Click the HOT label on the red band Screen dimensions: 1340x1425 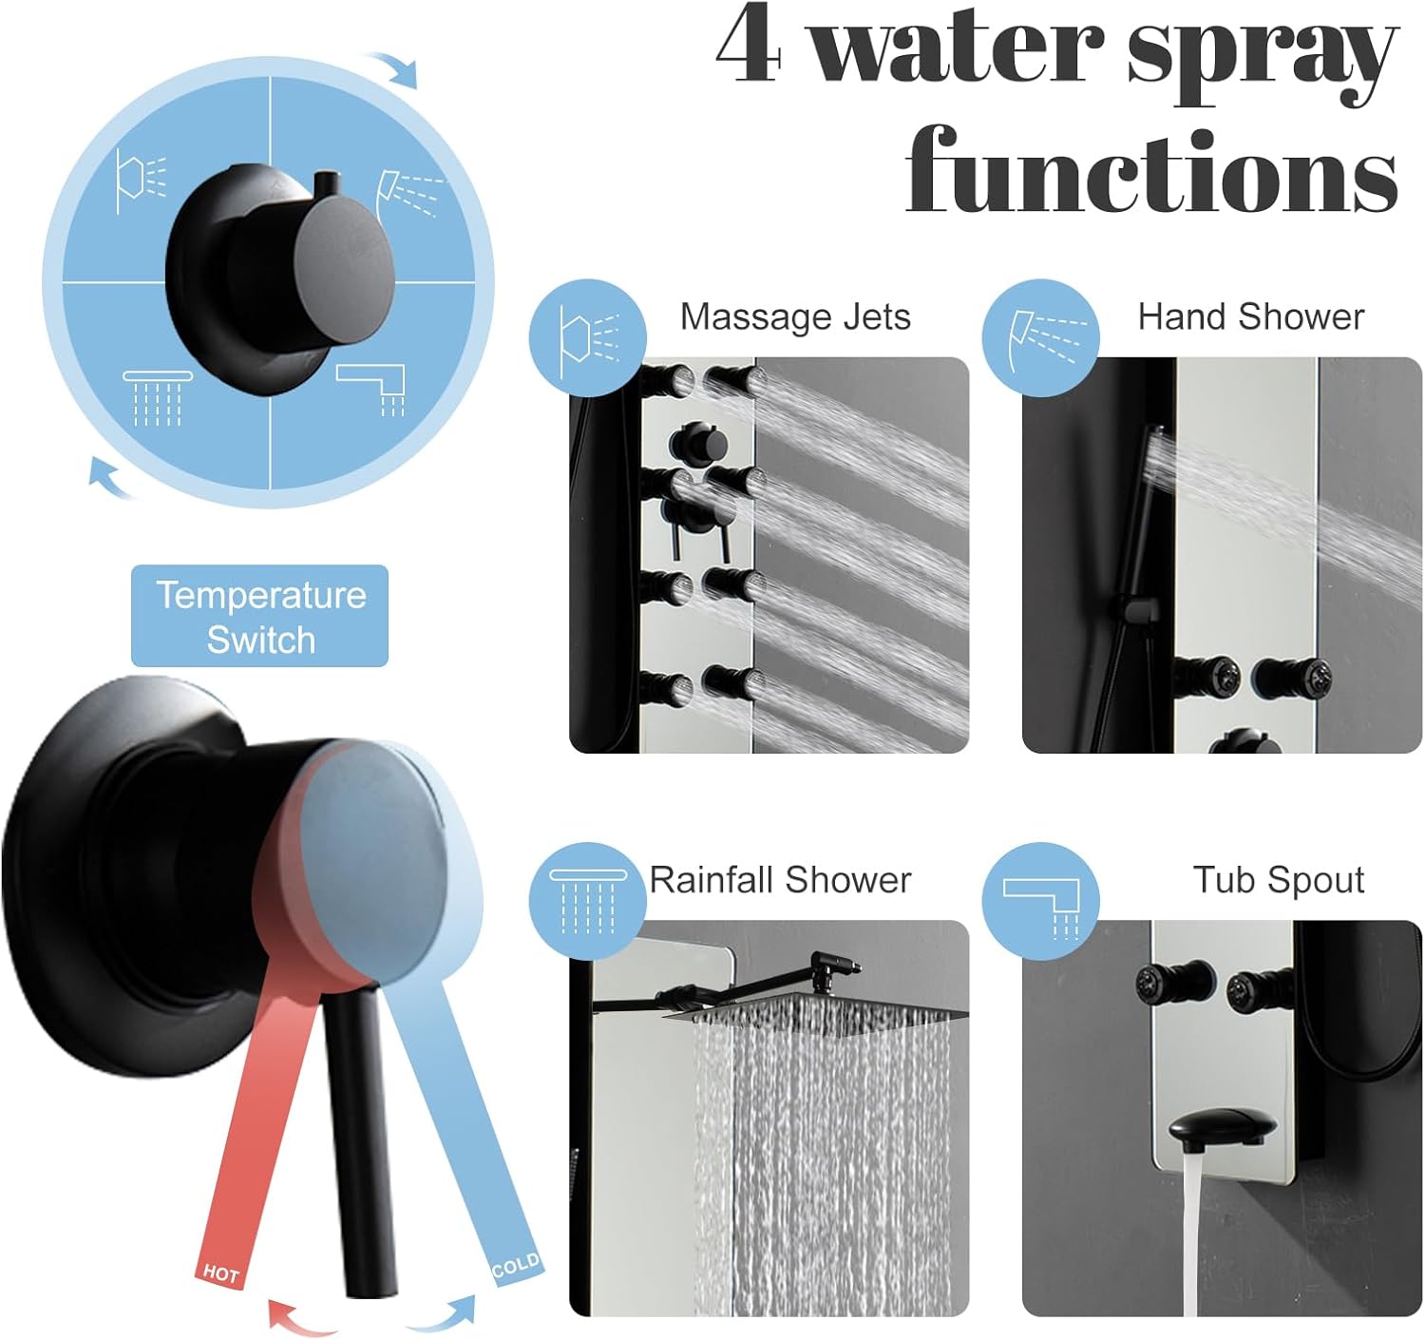(220, 1273)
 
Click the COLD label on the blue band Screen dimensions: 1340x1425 (516, 1266)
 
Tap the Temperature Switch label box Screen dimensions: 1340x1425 (259, 616)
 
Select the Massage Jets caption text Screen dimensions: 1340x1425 (795, 316)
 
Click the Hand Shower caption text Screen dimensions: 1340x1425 (1250, 316)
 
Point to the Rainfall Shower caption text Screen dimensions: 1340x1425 (780, 880)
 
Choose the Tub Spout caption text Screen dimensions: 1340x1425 (1278, 880)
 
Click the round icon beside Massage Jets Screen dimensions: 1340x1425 (588, 338)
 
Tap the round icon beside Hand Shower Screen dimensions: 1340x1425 (1041, 338)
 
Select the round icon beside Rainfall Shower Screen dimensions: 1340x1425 (588, 901)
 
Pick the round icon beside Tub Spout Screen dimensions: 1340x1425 (1041, 901)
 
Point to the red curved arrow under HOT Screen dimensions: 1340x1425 (299, 1318)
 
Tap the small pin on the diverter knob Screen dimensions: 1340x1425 (326, 182)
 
